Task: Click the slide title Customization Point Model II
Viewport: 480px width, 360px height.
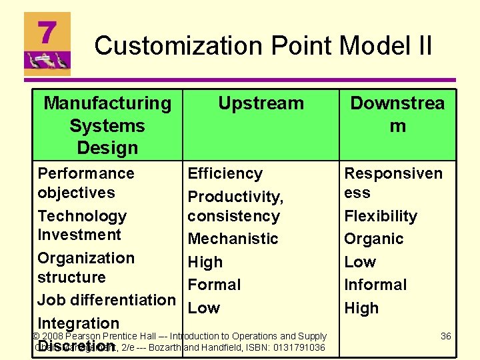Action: (x=263, y=46)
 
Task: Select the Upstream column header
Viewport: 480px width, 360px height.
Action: (x=261, y=103)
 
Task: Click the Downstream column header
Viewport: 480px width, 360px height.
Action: (x=397, y=114)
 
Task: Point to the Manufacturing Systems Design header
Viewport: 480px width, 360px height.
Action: (x=107, y=125)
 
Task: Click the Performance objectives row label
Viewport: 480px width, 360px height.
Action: (x=85, y=183)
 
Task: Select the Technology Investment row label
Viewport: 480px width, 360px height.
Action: (x=81, y=225)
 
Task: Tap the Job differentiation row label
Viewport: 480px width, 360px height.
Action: (x=106, y=300)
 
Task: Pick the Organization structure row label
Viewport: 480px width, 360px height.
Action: (x=85, y=267)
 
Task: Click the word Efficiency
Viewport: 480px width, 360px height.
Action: (x=225, y=174)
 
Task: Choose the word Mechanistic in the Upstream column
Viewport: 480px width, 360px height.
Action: (x=233, y=239)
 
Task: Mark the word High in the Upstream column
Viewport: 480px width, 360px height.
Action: (x=205, y=262)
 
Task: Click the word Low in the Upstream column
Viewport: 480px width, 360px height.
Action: (x=203, y=308)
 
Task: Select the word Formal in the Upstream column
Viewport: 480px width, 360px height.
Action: (x=214, y=285)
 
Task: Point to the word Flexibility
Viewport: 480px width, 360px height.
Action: (x=380, y=216)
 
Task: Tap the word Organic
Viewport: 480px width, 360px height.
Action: (x=373, y=239)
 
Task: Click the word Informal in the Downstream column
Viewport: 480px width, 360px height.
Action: (x=375, y=285)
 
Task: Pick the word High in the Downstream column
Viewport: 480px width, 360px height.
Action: (x=361, y=308)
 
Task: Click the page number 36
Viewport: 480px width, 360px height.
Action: (x=445, y=337)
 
